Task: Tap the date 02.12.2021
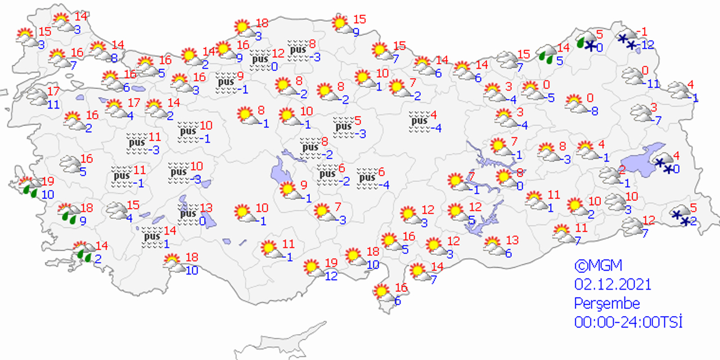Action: pyautogui.click(x=613, y=284)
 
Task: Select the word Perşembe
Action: pyautogui.click(x=607, y=303)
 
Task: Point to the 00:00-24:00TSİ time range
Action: pyautogui.click(x=628, y=322)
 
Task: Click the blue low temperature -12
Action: pyautogui.click(x=649, y=45)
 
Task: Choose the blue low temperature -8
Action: pyautogui.click(x=593, y=111)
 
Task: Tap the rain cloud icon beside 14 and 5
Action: pyautogui.click(x=545, y=53)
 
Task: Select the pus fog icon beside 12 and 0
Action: pyautogui.click(x=260, y=61)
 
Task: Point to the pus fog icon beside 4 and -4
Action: pyautogui.click(x=418, y=123)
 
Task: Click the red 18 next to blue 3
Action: pyautogui.click(x=262, y=24)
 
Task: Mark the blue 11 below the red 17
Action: pyautogui.click(x=53, y=104)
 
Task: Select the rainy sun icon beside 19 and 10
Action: pyautogui.click(x=27, y=186)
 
